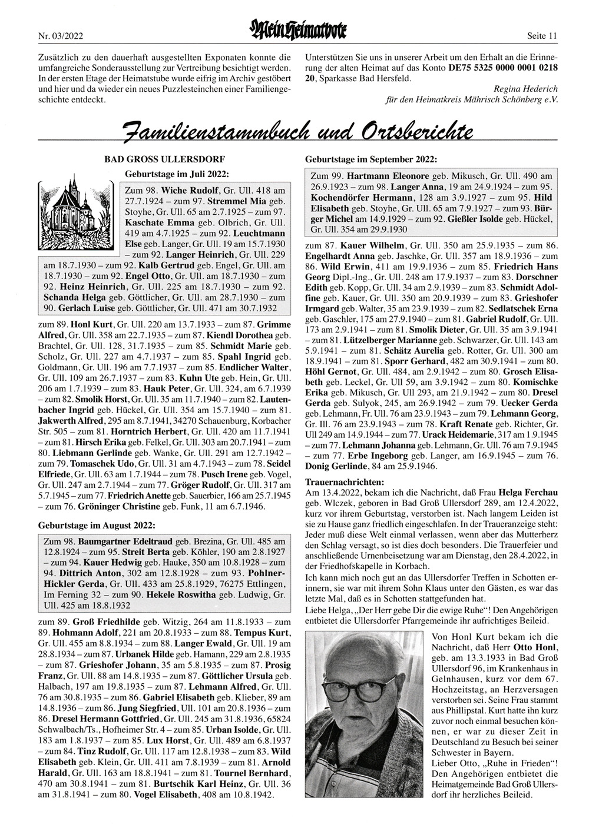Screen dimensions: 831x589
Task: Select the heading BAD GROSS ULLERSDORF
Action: [x=164, y=159]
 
